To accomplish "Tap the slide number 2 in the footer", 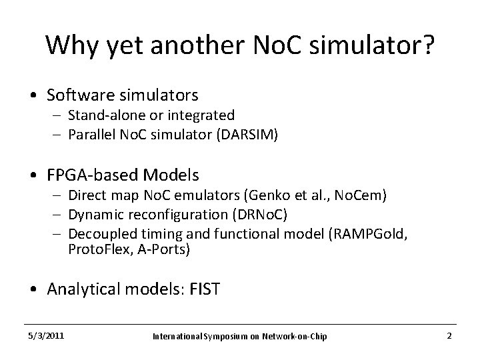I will tap(449, 335).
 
